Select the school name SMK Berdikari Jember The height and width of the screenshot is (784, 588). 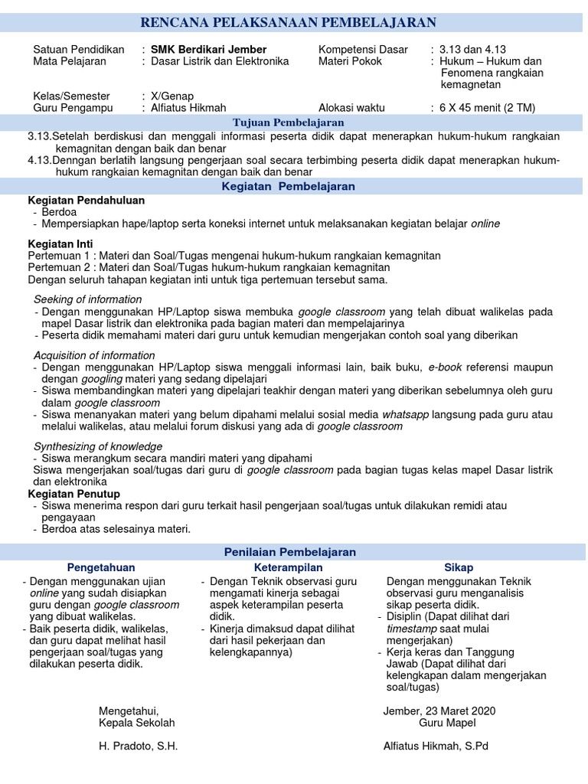pyautogui.click(x=209, y=50)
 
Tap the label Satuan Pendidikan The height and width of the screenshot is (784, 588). pyautogui.click(x=79, y=50)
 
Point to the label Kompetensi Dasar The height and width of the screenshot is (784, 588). pyautogui.click(x=363, y=50)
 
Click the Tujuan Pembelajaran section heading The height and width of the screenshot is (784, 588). pyautogui.click(x=288, y=122)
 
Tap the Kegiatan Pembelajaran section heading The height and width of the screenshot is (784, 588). pyautogui.click(x=288, y=186)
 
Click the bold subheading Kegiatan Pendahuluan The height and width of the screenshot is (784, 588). pyautogui.click(x=86, y=200)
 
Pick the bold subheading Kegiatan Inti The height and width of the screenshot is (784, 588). pyautogui.click(x=60, y=243)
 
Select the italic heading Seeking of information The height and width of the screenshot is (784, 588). pyautogui.click(x=87, y=299)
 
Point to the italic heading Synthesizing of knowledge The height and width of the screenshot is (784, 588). pyautogui.click(x=97, y=446)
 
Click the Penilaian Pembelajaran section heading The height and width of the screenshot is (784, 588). pyautogui.click(x=289, y=551)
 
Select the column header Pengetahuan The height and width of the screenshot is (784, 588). pyautogui.click(x=101, y=567)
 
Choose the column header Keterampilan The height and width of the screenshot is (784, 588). pyautogui.click(x=288, y=567)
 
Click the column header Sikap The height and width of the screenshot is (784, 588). pyautogui.click(x=459, y=567)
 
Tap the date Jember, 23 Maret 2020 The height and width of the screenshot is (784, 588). pyautogui.click(x=439, y=710)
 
